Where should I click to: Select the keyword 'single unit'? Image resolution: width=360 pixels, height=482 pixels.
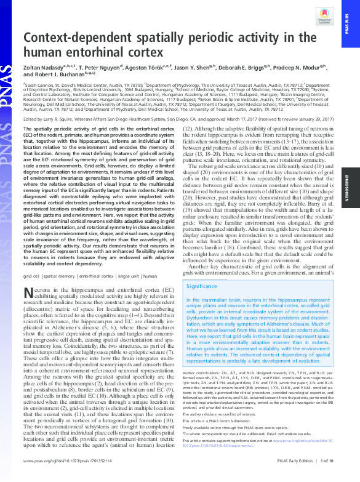(x=141, y=276)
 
